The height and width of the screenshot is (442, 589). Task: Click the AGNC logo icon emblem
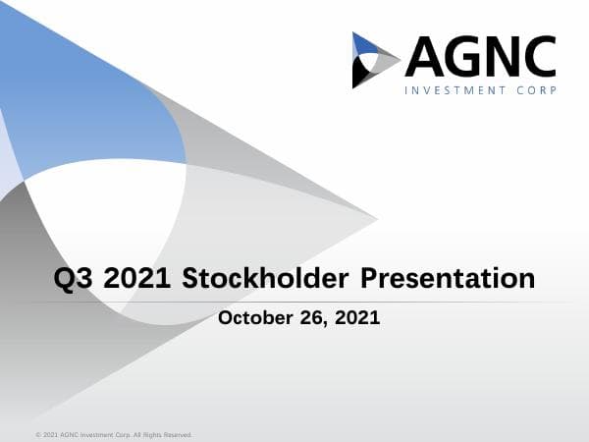click(x=375, y=60)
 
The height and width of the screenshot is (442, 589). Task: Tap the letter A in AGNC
click(x=423, y=57)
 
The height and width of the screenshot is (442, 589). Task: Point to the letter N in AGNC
click(x=504, y=57)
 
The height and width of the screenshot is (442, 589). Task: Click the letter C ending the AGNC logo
click(x=540, y=57)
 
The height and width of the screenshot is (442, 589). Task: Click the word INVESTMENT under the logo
click(x=457, y=90)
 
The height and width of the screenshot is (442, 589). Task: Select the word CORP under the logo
click(x=539, y=90)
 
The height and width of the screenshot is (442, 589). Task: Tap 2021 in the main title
click(x=139, y=278)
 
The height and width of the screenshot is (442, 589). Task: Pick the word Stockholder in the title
click(x=265, y=278)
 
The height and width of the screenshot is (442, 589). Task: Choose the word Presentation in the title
click(x=449, y=278)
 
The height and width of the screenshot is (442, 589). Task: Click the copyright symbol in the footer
click(x=37, y=433)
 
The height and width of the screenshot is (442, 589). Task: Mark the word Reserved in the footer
click(x=176, y=433)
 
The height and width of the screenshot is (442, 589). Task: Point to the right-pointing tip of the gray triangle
click(x=376, y=216)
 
